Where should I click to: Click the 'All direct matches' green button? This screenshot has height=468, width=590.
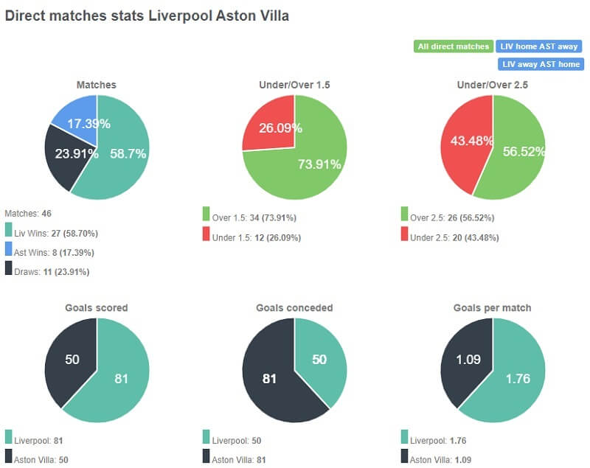[x=453, y=46]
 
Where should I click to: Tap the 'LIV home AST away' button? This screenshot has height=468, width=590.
[x=538, y=46]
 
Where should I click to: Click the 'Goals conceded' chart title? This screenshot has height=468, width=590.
[x=294, y=308]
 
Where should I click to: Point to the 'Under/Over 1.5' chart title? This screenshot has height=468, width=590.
[x=294, y=85]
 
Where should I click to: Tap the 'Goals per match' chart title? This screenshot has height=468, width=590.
[x=493, y=308]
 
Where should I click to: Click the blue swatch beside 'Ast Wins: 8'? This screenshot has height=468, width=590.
[x=8, y=252]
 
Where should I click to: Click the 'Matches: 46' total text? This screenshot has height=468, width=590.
[x=28, y=213]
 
